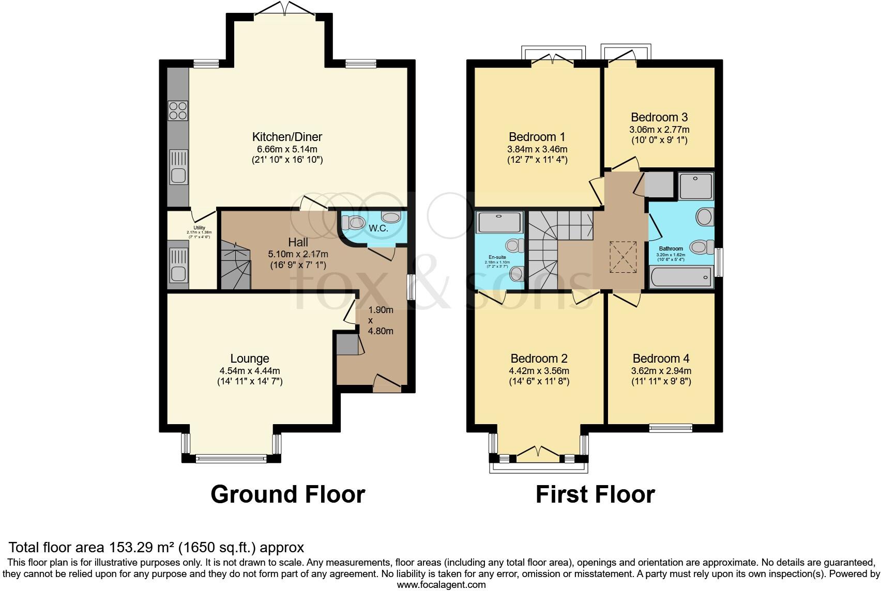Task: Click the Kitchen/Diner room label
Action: tap(287, 137)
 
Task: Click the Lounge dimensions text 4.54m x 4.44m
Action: tap(250, 370)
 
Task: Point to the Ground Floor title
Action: tap(287, 494)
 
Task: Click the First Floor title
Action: tap(595, 494)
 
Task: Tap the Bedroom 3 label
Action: tap(659, 117)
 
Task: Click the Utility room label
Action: tap(199, 228)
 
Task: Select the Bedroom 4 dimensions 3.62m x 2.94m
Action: tap(661, 370)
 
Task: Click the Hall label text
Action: tap(298, 242)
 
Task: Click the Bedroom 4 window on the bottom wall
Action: tap(670, 428)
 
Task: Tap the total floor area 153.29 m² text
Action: tap(157, 547)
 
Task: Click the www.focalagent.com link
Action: tap(441, 585)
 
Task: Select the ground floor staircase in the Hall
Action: tap(235, 267)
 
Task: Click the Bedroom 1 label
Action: tap(537, 137)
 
